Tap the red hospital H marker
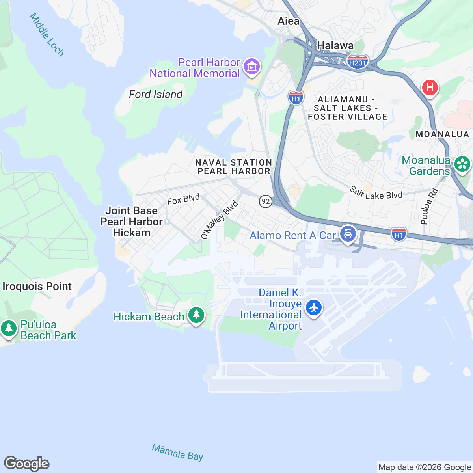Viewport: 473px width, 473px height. (430, 87)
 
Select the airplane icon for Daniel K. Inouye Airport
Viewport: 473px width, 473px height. (314, 307)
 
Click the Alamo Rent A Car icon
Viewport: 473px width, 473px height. (348, 234)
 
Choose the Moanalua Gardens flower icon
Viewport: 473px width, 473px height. (462, 164)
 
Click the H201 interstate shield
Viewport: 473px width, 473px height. (358, 62)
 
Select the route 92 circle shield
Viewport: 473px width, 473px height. (266, 201)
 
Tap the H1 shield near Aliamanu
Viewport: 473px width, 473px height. (296, 97)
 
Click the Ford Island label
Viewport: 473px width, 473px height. (156, 94)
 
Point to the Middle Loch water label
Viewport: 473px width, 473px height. (47, 35)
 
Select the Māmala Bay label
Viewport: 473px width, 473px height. (177, 452)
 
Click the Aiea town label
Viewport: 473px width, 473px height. (289, 21)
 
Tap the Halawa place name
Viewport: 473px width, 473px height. (335, 46)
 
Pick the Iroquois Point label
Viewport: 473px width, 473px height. (37, 286)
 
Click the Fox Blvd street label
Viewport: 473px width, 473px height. (183, 199)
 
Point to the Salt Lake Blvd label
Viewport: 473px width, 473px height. (376, 193)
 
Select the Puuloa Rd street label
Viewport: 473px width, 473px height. (428, 207)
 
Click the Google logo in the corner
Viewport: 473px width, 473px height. (27, 464)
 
